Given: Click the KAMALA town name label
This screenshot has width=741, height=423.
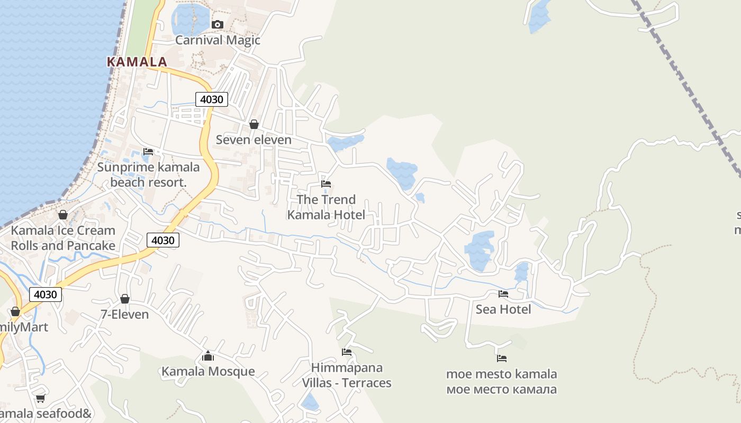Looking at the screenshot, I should [137, 62].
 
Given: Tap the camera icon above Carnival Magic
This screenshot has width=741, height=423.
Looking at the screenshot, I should [217, 24].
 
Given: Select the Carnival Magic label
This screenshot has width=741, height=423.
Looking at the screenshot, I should [218, 40].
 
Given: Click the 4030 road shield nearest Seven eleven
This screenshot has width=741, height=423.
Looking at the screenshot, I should [212, 99].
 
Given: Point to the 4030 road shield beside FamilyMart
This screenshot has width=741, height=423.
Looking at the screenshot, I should [46, 295].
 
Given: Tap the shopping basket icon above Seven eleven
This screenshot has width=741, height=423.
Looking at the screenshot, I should [254, 124].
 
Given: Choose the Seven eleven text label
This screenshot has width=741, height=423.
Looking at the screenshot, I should [254, 140].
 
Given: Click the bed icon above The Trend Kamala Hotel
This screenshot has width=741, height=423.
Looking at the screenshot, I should [326, 184].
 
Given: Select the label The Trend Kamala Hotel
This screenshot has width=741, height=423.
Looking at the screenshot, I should [326, 207].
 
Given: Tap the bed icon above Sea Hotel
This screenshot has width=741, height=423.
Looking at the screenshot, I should [503, 294].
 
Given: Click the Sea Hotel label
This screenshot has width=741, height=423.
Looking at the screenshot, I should [503, 309].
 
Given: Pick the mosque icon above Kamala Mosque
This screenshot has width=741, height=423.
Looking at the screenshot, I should [208, 356].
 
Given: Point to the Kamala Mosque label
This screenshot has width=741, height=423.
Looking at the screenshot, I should [208, 371].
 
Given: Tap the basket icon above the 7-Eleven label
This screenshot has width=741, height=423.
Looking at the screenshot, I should [125, 299].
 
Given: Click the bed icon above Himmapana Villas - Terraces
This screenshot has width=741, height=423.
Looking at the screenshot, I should [347, 352].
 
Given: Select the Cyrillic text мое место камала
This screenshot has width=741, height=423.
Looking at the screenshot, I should [501, 390].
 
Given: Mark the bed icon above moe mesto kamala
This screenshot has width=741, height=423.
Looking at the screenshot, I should [502, 358].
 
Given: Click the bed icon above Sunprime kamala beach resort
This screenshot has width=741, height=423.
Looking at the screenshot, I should [148, 152].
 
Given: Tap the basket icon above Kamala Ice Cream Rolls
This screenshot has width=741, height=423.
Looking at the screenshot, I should [63, 215].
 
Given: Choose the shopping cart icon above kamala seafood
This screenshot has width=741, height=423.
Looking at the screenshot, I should [40, 399].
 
